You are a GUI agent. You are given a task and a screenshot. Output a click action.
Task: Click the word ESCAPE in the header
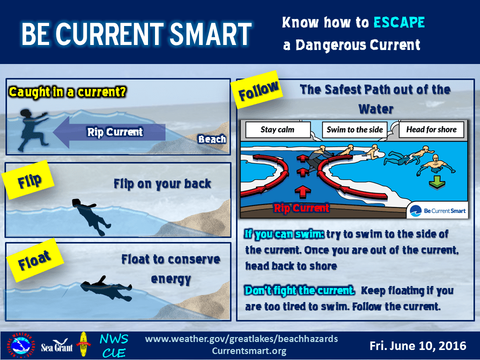point(399,22)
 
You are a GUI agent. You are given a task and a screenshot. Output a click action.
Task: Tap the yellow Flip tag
point(28,180)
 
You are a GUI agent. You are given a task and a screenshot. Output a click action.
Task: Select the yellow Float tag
point(34,259)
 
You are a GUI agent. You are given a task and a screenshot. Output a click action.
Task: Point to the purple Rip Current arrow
point(109,132)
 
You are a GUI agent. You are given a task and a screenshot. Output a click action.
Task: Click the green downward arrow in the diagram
point(437,182)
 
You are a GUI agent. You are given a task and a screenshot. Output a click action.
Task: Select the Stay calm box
point(277,130)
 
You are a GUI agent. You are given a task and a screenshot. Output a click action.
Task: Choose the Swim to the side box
point(354,130)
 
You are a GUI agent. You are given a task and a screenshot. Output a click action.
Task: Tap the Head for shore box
point(431,130)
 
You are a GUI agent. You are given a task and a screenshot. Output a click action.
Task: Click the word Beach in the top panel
point(212,139)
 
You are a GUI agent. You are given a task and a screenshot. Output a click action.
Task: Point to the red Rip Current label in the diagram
point(301,208)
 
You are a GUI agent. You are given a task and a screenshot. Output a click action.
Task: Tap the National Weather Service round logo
point(21,345)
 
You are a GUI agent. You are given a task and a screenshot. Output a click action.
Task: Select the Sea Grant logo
point(57,346)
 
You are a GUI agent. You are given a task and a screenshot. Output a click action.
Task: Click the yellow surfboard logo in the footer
point(83,344)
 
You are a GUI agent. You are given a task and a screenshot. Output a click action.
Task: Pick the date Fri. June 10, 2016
point(418,346)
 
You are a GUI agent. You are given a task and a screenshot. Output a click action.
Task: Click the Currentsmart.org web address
point(249,351)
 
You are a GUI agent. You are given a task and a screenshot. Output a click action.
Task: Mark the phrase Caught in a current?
point(67,92)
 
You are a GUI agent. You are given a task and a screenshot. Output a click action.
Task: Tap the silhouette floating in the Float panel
point(106,288)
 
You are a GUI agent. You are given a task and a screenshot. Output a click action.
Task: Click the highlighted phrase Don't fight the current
point(299,290)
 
